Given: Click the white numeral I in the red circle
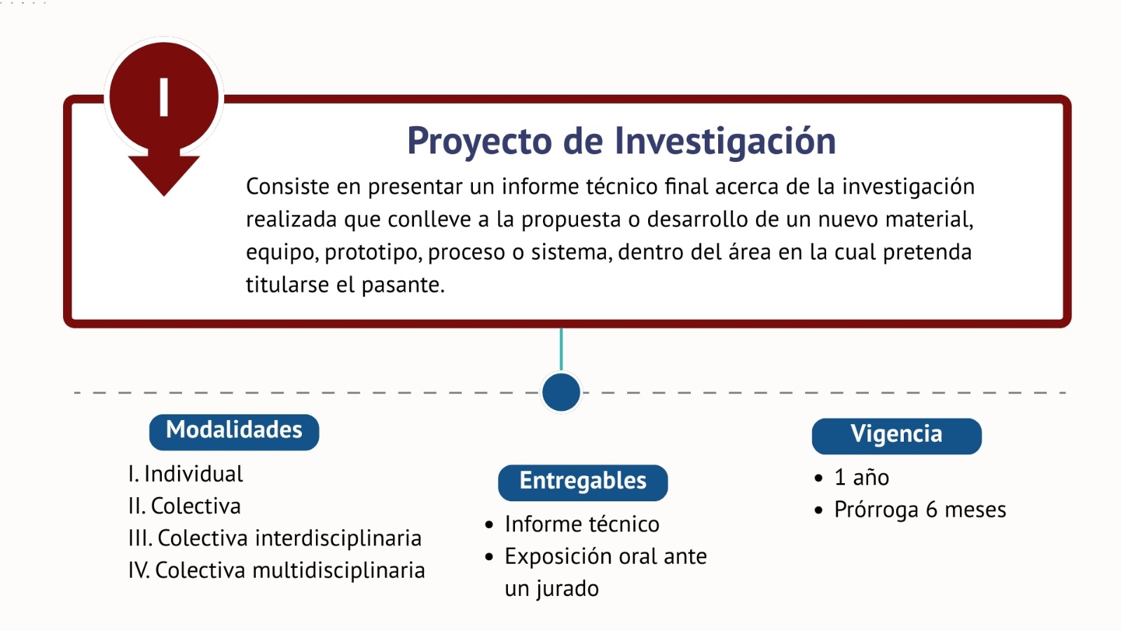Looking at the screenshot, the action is point(164,97).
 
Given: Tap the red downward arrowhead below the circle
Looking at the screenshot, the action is point(164,172).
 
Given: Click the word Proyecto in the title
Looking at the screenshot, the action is point(479,141).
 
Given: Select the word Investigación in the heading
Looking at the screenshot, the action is point(725,141).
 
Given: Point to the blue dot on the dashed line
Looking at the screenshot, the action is point(561,392).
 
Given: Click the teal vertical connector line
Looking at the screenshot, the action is point(561,350).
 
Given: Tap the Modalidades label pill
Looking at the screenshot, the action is point(234,432).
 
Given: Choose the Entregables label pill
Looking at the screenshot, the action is point(582,483).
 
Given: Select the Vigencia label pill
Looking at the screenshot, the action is point(896,436).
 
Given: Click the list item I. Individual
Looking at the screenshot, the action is point(186,474).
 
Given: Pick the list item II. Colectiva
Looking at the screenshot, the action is point(185,506).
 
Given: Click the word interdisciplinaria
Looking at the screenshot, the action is point(338,539).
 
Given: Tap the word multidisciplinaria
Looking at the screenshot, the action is point(339,571).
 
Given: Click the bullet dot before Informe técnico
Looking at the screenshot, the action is point(489,525).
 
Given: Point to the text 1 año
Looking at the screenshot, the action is point(861,477).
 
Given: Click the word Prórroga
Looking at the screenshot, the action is point(876,510).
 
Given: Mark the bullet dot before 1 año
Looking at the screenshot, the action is point(819,477).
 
